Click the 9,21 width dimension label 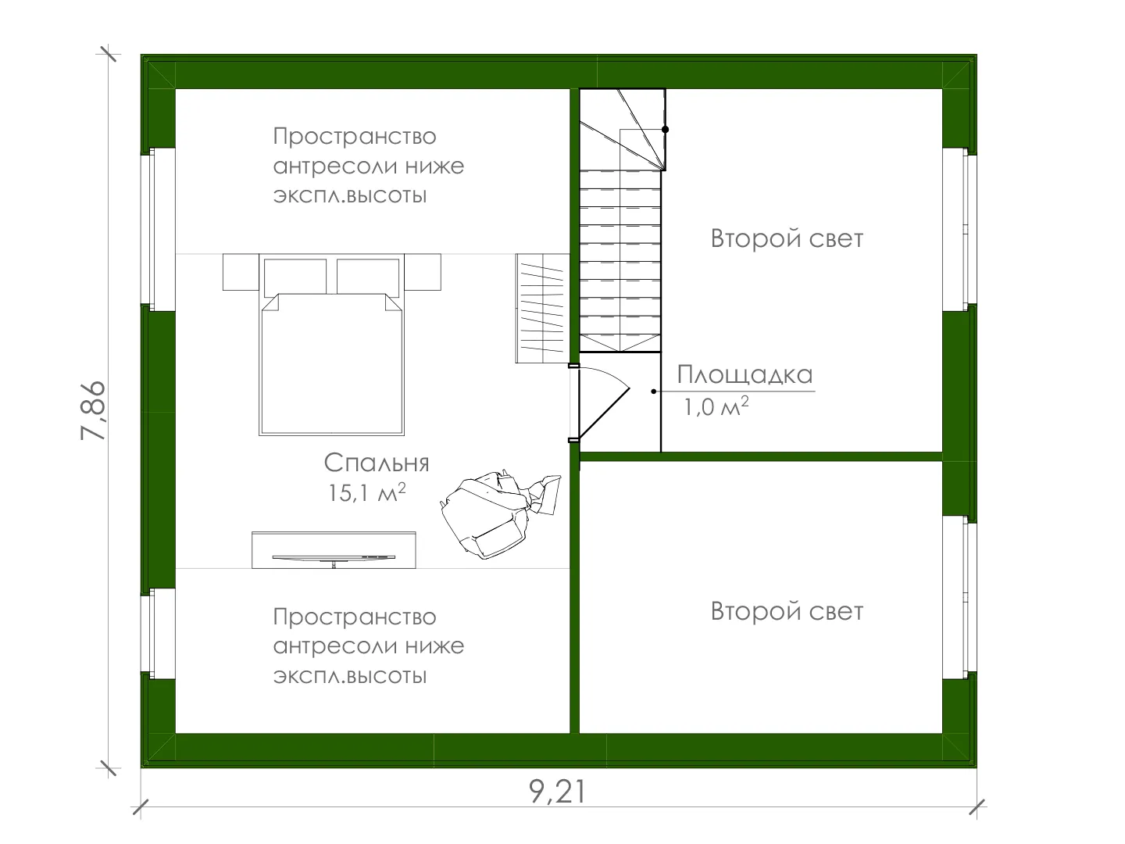pos(557,791)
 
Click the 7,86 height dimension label pos(93,410)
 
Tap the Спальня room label pos(377,463)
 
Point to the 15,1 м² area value pos(367,492)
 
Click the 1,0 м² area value pos(716,406)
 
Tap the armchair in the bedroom pos(500,514)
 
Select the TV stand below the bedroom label pos(334,550)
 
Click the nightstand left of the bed pos(241,272)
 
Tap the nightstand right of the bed pos(423,272)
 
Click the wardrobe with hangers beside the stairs pos(543,309)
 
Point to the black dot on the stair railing pos(666,130)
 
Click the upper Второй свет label pos(787,239)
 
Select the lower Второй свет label pos(787,611)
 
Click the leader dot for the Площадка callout pos(653,392)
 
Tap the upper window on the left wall pos(159,229)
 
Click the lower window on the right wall pos(959,597)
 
